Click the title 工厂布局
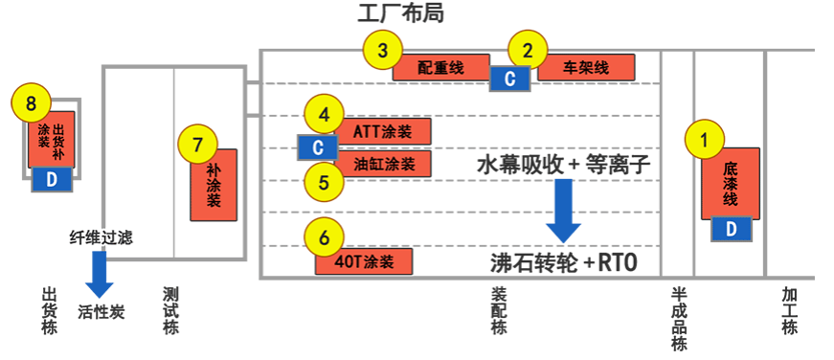[400, 13]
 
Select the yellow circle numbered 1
[706, 140]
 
